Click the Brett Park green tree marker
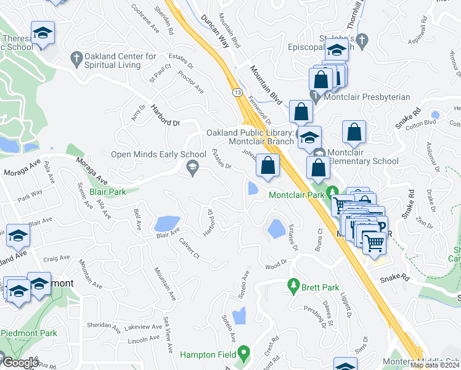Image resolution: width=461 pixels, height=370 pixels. tap(295, 286)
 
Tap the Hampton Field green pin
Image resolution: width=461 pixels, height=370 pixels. tap(244, 353)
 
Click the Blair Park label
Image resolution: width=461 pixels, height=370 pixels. tap(107, 192)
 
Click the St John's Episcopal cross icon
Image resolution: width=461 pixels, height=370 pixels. tap(363, 41)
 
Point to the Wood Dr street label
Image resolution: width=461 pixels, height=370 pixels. tap(277, 266)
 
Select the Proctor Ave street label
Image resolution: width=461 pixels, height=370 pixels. tap(190, 82)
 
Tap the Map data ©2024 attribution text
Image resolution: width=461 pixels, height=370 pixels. tap(434, 365)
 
